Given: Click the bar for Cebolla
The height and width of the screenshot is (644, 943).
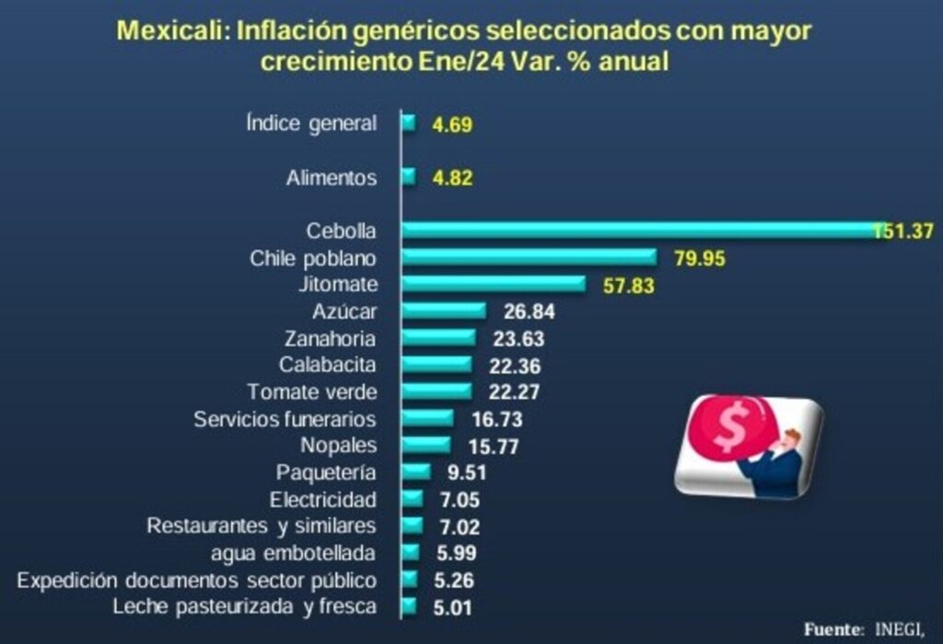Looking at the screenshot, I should point(635,230).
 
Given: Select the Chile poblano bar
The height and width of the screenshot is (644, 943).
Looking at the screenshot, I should point(529,257).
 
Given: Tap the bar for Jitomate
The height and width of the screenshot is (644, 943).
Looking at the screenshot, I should point(494,284).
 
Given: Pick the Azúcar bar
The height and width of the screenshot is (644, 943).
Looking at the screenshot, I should point(444,310).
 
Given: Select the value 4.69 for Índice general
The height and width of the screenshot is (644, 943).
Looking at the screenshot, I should point(451,124).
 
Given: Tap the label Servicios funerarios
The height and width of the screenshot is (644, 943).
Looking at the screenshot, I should point(285,419).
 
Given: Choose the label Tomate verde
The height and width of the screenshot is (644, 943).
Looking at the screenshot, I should point(312,392).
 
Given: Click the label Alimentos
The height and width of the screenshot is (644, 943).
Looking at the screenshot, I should point(331,178).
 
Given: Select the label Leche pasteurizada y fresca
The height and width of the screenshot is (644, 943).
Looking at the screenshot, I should point(243,606).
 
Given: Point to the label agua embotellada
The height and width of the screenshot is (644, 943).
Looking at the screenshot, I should point(292,553).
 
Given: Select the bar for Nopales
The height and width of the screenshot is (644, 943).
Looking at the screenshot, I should point(426,446).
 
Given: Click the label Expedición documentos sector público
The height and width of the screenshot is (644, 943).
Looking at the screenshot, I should point(197,580).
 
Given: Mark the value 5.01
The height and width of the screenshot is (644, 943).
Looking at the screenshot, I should point(453,607).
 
